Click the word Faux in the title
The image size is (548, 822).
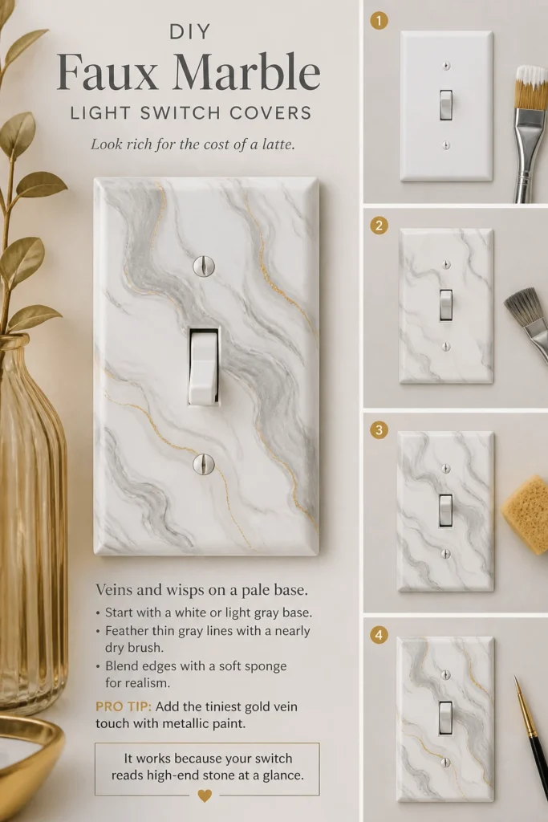tap(107, 71)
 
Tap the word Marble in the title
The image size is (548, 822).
tap(246, 71)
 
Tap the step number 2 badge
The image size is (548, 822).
tap(379, 226)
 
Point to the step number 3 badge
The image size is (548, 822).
tap(379, 430)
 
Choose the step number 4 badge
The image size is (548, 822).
tap(379, 636)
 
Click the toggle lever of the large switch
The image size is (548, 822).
tap(204, 367)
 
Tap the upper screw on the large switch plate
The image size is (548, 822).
tap(204, 266)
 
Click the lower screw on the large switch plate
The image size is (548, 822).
tap(204, 464)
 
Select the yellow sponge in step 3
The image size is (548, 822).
tap(526, 515)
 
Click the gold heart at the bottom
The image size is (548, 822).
tap(205, 796)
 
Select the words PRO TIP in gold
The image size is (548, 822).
tap(124, 706)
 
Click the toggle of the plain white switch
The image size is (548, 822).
tap(446, 105)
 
